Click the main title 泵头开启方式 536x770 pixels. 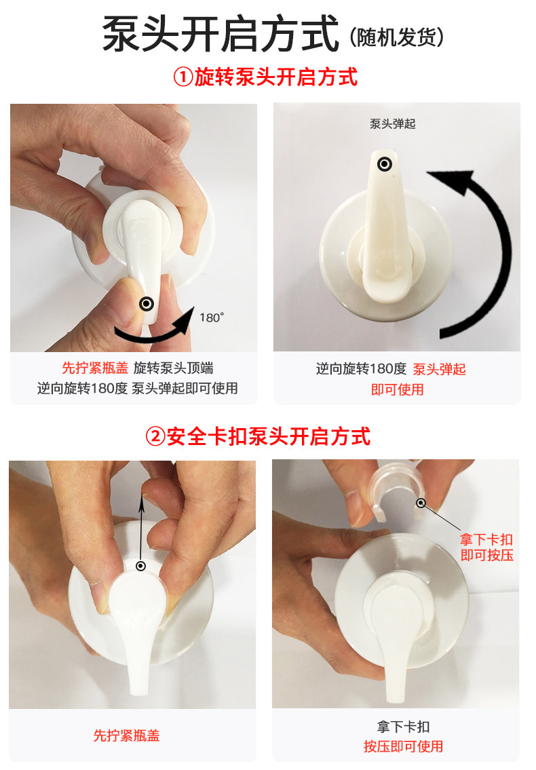click(x=220, y=34)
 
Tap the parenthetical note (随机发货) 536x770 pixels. click(x=397, y=37)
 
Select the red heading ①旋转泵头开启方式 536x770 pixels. click(x=265, y=77)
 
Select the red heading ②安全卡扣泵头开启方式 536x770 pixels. click(x=258, y=436)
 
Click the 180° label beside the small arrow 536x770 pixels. click(x=212, y=317)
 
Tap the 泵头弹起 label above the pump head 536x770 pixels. click(x=393, y=123)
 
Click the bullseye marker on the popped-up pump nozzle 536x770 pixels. click(x=385, y=164)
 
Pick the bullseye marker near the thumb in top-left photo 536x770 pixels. click(x=147, y=304)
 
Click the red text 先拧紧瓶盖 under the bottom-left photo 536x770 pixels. click(x=127, y=735)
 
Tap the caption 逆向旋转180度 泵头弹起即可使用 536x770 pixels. click(x=138, y=389)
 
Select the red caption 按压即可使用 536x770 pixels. click(x=403, y=746)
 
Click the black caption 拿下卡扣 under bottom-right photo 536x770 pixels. click(x=403, y=727)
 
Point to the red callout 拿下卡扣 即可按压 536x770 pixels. click(x=487, y=547)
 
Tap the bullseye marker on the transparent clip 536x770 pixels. click(x=421, y=503)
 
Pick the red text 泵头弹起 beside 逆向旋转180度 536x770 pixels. click(x=439, y=369)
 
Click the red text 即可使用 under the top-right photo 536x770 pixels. click(x=398, y=390)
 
